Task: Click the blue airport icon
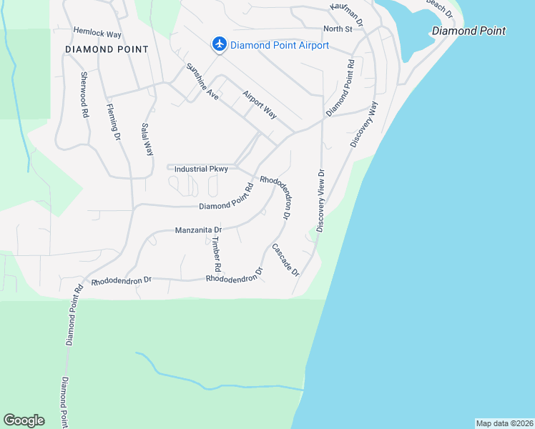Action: [x=220, y=44]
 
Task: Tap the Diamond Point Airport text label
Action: [x=280, y=45]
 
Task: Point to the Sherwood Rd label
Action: [x=84, y=94]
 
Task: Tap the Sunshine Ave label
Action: [x=202, y=81]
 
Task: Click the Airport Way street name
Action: [x=259, y=104]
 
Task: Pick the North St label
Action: [x=338, y=29]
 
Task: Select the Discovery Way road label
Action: [x=364, y=124]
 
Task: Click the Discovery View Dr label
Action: [x=320, y=200]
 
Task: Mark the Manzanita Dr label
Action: [x=199, y=230]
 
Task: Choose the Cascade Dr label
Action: [x=284, y=261]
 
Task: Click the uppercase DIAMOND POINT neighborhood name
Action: [x=107, y=49]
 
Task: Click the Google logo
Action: [x=24, y=420]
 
